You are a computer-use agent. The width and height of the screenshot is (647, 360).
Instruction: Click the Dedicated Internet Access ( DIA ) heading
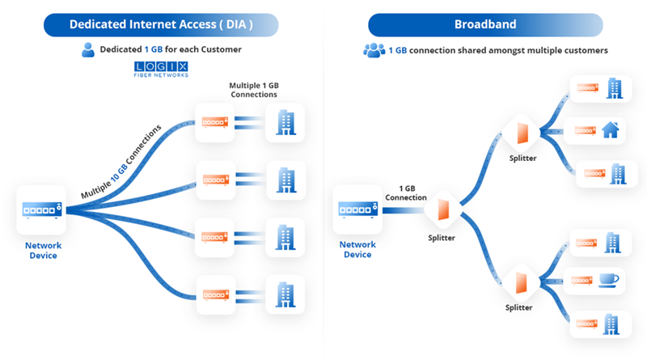pyautogui.click(x=161, y=24)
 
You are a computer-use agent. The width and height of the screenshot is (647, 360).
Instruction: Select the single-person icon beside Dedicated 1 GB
pyautogui.click(x=89, y=50)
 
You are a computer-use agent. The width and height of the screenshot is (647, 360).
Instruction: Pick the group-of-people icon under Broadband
pyautogui.click(x=374, y=50)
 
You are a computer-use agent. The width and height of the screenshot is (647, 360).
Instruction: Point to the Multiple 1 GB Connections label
pyautogui.click(x=254, y=90)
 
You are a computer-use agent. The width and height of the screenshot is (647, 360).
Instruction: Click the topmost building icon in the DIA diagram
pyautogui.click(x=286, y=121)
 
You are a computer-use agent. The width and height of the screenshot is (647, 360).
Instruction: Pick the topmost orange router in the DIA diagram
pyautogui.click(x=215, y=121)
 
